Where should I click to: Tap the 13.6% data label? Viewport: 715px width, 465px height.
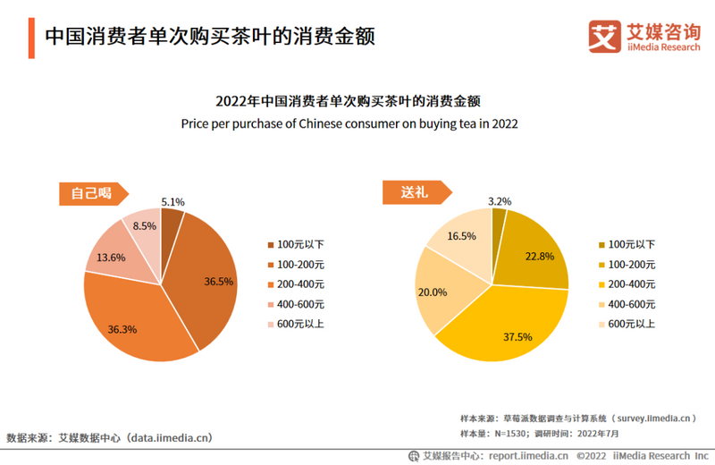(111, 258)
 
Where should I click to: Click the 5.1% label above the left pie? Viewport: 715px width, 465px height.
(172, 202)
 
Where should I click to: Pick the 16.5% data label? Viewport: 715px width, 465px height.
(461, 236)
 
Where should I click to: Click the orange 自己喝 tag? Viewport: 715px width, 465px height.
(93, 192)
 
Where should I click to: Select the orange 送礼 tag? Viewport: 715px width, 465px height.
(412, 192)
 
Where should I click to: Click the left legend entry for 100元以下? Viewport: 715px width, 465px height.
(295, 244)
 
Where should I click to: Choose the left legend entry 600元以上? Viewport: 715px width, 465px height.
(295, 324)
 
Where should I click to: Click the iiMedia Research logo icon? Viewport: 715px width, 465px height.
(604, 37)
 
